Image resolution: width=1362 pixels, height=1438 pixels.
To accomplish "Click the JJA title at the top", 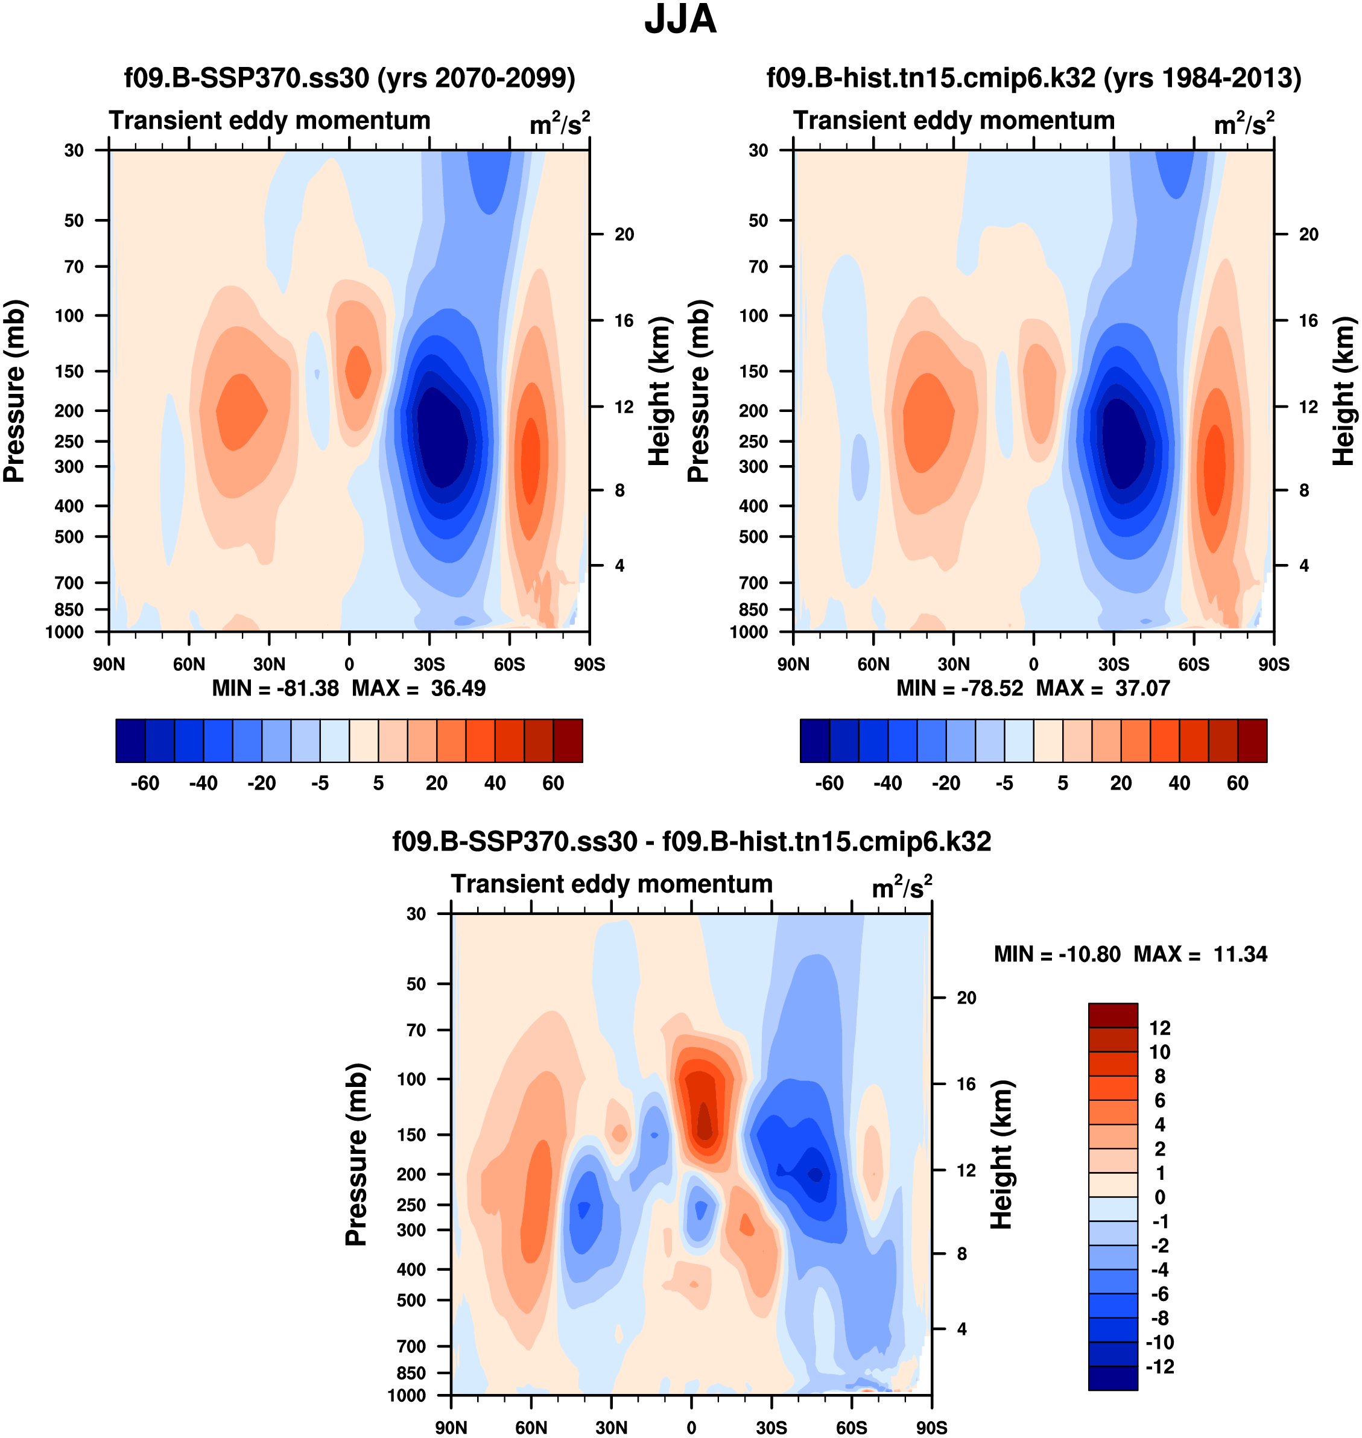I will (x=680, y=19).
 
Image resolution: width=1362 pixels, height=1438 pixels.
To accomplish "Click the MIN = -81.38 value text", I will (x=275, y=688).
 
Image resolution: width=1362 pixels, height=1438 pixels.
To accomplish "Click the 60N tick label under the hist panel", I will (x=873, y=664).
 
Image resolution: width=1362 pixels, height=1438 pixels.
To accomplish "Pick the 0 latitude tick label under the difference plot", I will (x=691, y=1427).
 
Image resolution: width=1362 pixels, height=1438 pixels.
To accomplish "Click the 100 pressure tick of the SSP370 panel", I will (x=71, y=315).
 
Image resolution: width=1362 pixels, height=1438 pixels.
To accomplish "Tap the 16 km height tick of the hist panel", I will (x=1308, y=321).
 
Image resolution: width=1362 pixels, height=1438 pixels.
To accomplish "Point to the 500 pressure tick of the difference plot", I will (x=411, y=1300).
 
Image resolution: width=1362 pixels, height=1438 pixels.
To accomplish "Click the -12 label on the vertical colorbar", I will (x=1159, y=1366).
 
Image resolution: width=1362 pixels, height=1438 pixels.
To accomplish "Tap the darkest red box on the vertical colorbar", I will (x=1112, y=1015).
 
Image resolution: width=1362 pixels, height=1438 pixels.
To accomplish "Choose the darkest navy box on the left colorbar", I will (x=131, y=741).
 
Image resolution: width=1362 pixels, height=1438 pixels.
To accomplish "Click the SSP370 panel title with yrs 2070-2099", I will (x=349, y=78).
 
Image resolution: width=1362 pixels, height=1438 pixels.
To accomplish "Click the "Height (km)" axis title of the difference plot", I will (x=1002, y=1154).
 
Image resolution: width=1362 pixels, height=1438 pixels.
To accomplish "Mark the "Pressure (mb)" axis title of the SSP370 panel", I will (x=14, y=390).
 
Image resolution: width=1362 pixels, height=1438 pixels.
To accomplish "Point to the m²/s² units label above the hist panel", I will (x=1244, y=124).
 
